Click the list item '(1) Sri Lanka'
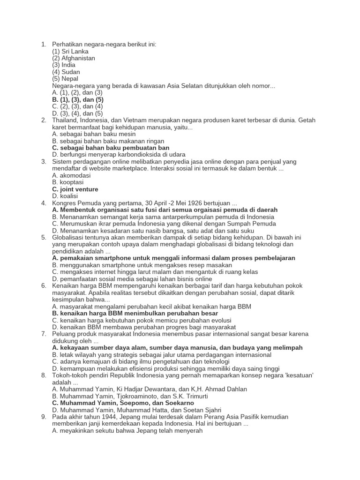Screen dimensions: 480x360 point(70,52)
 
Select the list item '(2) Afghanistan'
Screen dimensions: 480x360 point(74,58)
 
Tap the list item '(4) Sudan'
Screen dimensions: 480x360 point(66,72)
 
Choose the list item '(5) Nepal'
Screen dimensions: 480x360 point(65,79)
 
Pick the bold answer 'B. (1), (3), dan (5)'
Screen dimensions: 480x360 point(78,99)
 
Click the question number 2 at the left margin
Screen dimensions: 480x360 point(43,120)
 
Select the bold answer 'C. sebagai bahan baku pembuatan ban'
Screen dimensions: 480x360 point(111,148)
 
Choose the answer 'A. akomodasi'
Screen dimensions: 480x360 point(71,175)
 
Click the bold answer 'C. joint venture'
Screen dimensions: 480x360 point(75,189)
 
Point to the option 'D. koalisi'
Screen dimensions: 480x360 point(65,196)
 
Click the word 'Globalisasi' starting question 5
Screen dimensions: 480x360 point(68,237)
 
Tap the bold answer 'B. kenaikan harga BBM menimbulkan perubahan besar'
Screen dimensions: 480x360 point(135,313)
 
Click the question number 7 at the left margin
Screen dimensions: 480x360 point(43,334)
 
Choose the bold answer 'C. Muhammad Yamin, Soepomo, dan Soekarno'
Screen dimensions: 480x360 point(123,403)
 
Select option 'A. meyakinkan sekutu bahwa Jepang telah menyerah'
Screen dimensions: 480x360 point(127,430)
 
